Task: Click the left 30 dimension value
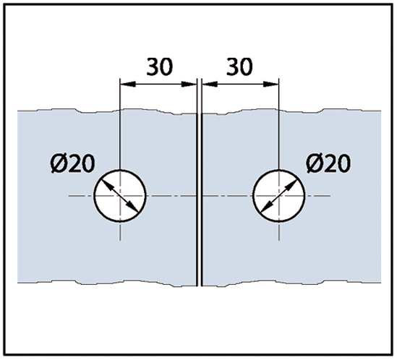[160, 67]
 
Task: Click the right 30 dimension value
[239, 67]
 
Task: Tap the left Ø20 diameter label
[72, 163]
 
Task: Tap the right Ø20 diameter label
[328, 163]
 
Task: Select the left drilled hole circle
[94, 196]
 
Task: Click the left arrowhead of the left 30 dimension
[127, 85]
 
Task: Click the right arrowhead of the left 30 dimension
[189, 85]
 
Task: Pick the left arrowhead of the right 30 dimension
[210, 85]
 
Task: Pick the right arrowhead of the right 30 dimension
[271, 85]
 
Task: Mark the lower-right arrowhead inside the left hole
[133, 206]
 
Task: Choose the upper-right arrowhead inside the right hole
[291, 185]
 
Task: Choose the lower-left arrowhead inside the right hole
[266, 207]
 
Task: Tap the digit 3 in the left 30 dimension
[153, 67]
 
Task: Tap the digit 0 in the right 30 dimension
[246, 67]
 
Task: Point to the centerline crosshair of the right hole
[278, 196]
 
